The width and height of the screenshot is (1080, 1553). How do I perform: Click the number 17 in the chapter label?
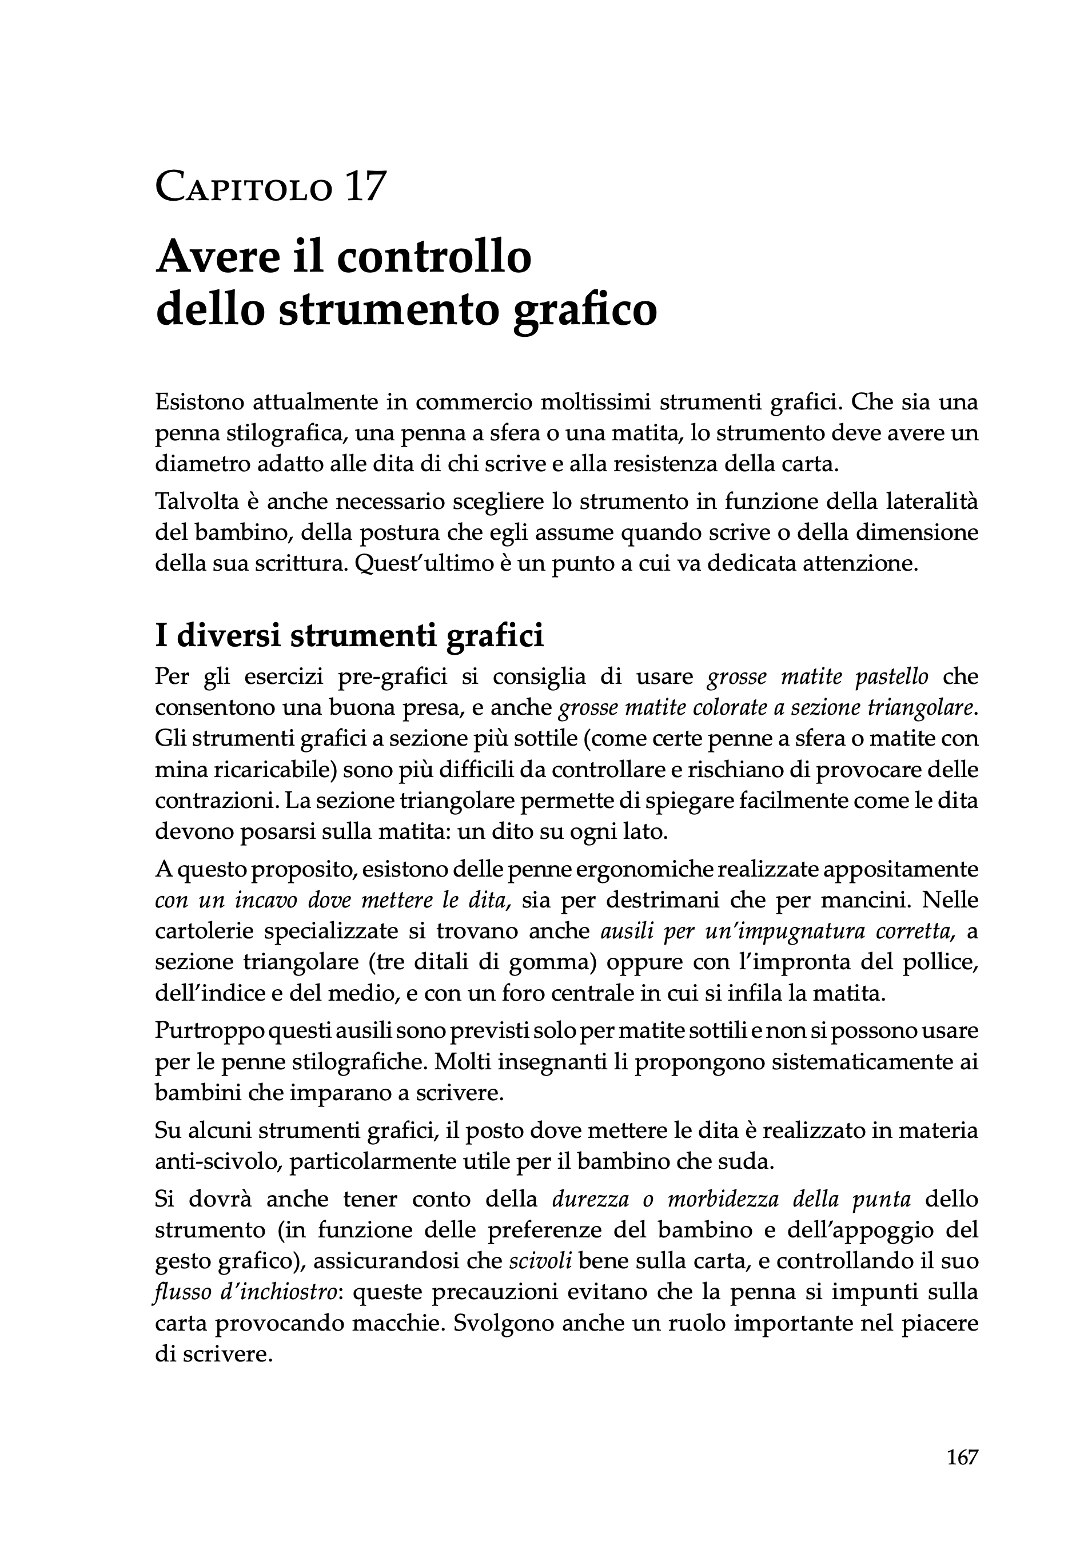[x=365, y=186]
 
